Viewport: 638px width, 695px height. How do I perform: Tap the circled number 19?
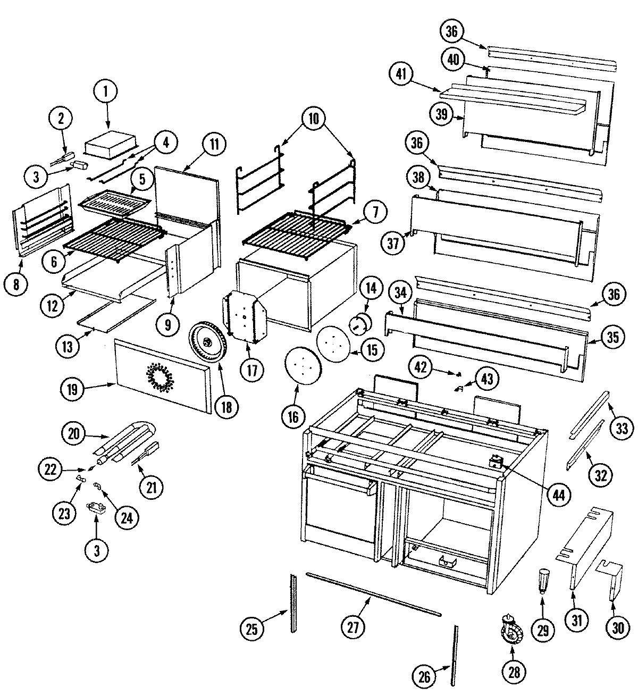72,390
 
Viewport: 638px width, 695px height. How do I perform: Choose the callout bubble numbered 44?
558,495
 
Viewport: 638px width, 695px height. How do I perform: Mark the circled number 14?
371,288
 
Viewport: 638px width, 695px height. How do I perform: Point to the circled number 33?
622,429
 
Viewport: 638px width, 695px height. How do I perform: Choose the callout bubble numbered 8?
16,284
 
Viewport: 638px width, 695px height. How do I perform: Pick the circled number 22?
51,468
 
